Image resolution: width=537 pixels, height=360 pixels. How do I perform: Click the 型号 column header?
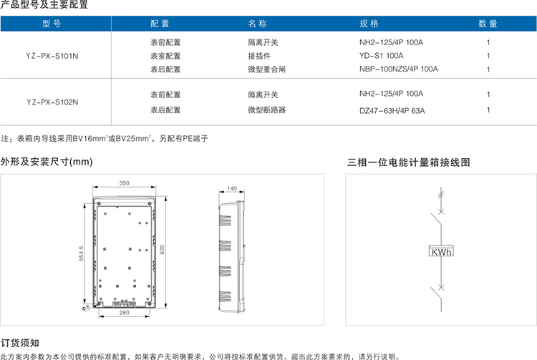[52, 24]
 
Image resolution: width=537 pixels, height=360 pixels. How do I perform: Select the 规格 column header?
[369, 24]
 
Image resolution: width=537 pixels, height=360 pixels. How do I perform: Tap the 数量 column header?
[488, 24]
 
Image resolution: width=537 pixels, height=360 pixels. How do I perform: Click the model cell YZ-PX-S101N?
[52, 56]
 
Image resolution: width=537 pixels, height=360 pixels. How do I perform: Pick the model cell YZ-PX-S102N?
[52, 102]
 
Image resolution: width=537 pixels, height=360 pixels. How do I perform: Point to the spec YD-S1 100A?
[381, 55]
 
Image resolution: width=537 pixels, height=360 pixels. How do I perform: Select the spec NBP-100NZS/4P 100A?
[399, 69]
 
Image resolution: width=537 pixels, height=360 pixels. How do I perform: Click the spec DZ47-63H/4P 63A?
[392, 110]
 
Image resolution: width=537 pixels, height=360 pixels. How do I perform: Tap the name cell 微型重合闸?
[267, 69]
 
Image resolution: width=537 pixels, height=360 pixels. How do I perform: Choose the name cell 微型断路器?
[267, 110]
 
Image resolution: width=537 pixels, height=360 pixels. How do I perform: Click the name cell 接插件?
[259, 56]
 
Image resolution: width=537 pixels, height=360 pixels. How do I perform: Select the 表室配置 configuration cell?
[165, 56]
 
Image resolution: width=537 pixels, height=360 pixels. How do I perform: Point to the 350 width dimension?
[125, 183]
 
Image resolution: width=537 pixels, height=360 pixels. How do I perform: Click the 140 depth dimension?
[232, 188]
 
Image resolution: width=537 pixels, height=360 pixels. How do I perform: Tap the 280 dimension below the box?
[125, 313]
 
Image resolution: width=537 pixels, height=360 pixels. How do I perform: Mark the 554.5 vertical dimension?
[81, 253]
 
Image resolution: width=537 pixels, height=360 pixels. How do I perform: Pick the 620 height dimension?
[163, 249]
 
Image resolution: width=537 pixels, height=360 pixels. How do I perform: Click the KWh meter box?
[441, 251]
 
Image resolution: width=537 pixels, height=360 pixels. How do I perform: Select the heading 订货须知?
[20, 343]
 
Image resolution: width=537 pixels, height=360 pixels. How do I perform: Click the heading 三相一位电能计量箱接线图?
[409, 162]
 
